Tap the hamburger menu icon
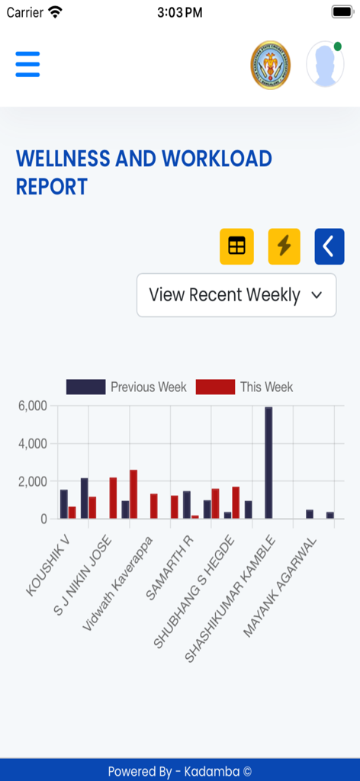tap(27, 64)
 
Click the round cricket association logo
tap(270, 66)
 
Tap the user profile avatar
tap(325, 64)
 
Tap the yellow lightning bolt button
tap(284, 246)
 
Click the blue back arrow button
tap(329, 246)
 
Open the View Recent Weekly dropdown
tap(236, 295)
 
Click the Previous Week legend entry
tap(127, 387)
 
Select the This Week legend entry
tap(245, 387)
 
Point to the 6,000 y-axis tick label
tap(32, 406)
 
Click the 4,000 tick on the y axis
tap(32, 443)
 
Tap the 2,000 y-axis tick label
tap(32, 481)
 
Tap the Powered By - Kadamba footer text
tap(180, 771)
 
